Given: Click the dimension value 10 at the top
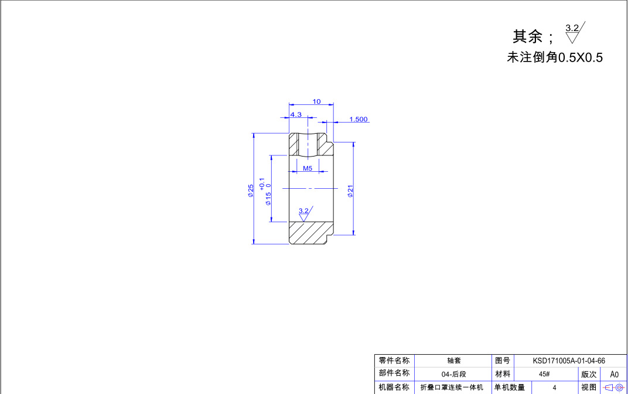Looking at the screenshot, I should coord(316,101).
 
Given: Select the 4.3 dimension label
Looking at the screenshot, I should coord(296,114).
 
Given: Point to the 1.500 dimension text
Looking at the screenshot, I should coord(358,119).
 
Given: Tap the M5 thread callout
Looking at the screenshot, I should coord(307,168).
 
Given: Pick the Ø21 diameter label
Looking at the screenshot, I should coord(350,191).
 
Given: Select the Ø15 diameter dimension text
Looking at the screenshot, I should coord(268,198).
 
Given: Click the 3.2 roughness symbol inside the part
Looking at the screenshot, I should coord(304,213).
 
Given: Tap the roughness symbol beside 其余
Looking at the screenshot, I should coord(574,33).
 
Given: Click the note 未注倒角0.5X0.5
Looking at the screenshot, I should coord(554,57).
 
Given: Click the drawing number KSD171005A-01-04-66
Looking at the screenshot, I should coord(568,361).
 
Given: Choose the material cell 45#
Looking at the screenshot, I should coord(544,374).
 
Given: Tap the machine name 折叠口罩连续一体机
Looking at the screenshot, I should coord(452,388).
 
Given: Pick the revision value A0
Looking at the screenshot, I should coord(614,374).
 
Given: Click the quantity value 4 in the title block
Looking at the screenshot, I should coord(554,388).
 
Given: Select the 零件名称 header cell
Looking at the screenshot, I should coord(394,361).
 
